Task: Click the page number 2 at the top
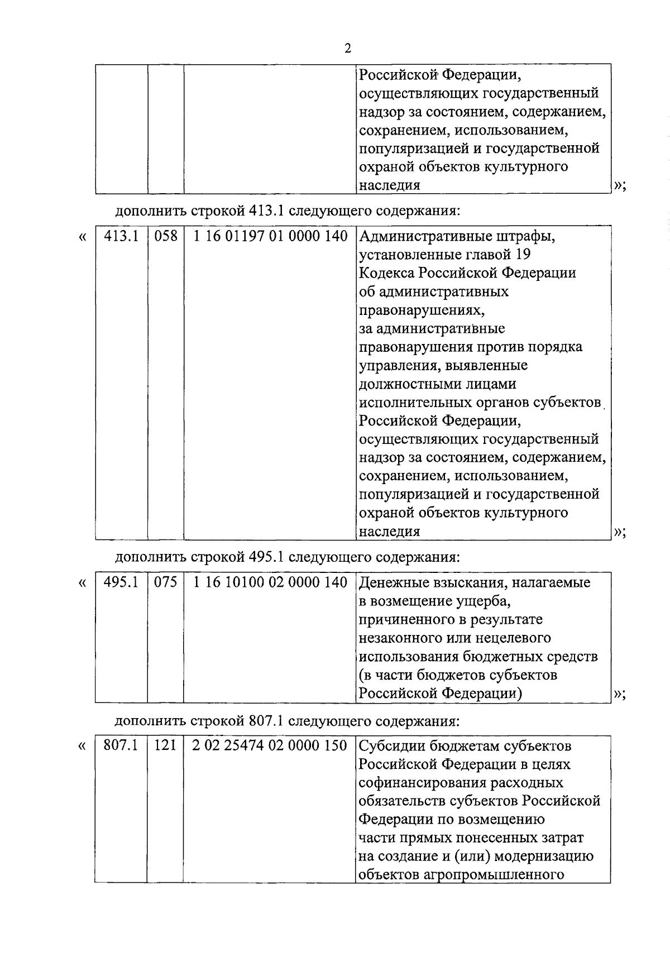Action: click(347, 49)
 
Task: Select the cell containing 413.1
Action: click(121, 237)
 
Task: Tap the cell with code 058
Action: click(166, 237)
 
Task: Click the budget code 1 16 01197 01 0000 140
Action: click(270, 237)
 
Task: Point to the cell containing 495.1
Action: click(121, 582)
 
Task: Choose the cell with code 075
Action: click(166, 582)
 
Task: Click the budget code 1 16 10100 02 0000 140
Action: click(270, 582)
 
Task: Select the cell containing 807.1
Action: click(121, 745)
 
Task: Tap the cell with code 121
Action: click(166, 745)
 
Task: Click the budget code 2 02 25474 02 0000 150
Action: click(270, 745)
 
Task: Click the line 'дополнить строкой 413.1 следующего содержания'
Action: click(288, 212)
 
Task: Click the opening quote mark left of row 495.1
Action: click(82, 584)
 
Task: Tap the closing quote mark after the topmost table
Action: click(619, 187)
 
